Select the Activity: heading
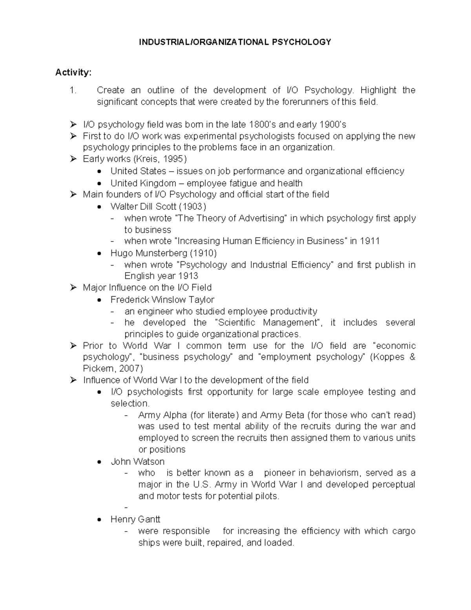coord(73,72)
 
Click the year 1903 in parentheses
coord(192,207)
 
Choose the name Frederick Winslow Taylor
coord(162,300)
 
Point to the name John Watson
coord(137,462)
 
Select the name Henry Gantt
coord(135,519)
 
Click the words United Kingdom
coord(138,183)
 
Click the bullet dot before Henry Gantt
coord(100,520)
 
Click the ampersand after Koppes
coord(412,357)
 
